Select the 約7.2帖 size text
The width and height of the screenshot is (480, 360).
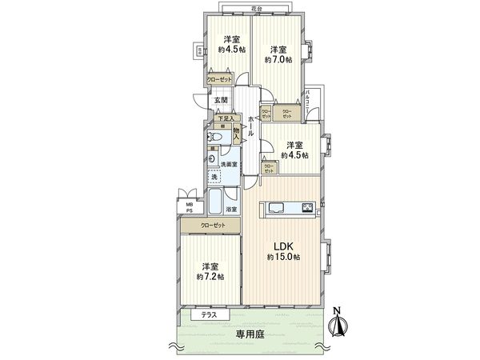coord(210,277)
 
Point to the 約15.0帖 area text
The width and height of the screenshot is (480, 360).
coord(284,257)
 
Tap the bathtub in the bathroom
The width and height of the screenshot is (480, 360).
coord(216,201)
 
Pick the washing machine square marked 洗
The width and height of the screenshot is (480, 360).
coord(214,178)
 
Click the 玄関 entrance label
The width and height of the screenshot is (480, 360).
coord(222,100)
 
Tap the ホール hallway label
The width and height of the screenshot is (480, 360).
coord(251,126)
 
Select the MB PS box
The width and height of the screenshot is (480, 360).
coord(190,208)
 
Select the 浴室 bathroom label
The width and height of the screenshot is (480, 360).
coord(230,210)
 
